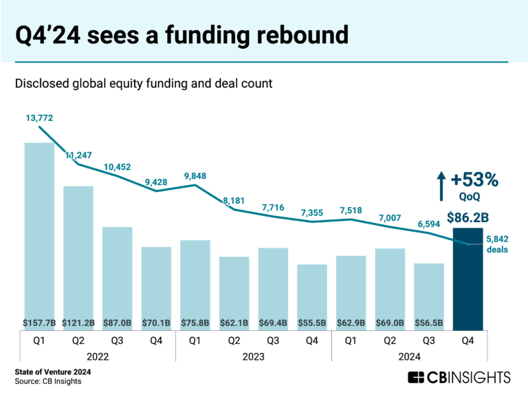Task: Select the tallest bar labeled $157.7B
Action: tap(39, 234)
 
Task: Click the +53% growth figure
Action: tap(474, 180)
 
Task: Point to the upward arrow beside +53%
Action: tap(441, 186)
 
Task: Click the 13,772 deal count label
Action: tap(39, 118)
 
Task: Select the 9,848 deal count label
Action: tap(195, 175)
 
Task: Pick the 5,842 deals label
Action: tap(497, 244)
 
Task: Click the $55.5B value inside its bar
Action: tap(311, 321)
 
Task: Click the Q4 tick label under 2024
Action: tap(467, 340)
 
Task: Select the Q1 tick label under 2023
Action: tap(195, 340)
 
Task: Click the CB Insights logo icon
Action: tap(415, 377)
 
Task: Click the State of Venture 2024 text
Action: tap(53, 372)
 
